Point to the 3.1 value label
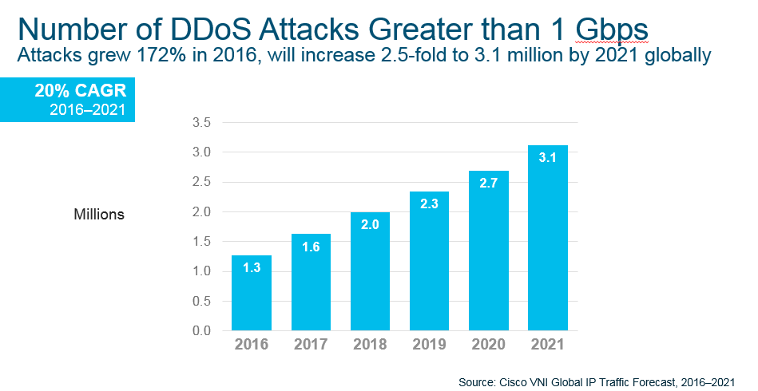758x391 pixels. (x=547, y=158)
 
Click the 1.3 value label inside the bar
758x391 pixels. (x=252, y=269)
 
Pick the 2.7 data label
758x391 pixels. (x=488, y=183)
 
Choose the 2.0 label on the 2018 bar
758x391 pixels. (x=370, y=226)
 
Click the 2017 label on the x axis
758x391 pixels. (x=311, y=345)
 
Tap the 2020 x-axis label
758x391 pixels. (x=488, y=345)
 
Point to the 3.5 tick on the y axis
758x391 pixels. (x=200, y=123)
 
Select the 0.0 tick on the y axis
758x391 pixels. (x=200, y=330)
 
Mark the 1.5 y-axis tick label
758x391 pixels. (x=200, y=242)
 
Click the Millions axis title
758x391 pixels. (x=99, y=215)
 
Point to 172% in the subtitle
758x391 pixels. (x=157, y=57)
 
